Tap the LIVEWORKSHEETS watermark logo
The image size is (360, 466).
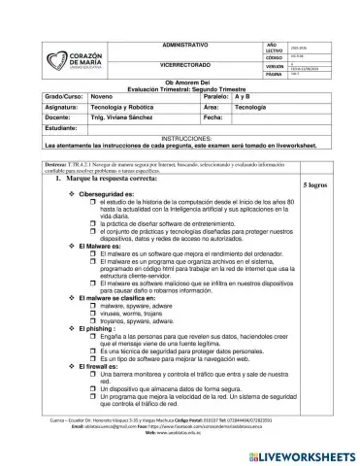click(305, 453)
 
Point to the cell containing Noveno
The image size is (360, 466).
click(102, 98)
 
